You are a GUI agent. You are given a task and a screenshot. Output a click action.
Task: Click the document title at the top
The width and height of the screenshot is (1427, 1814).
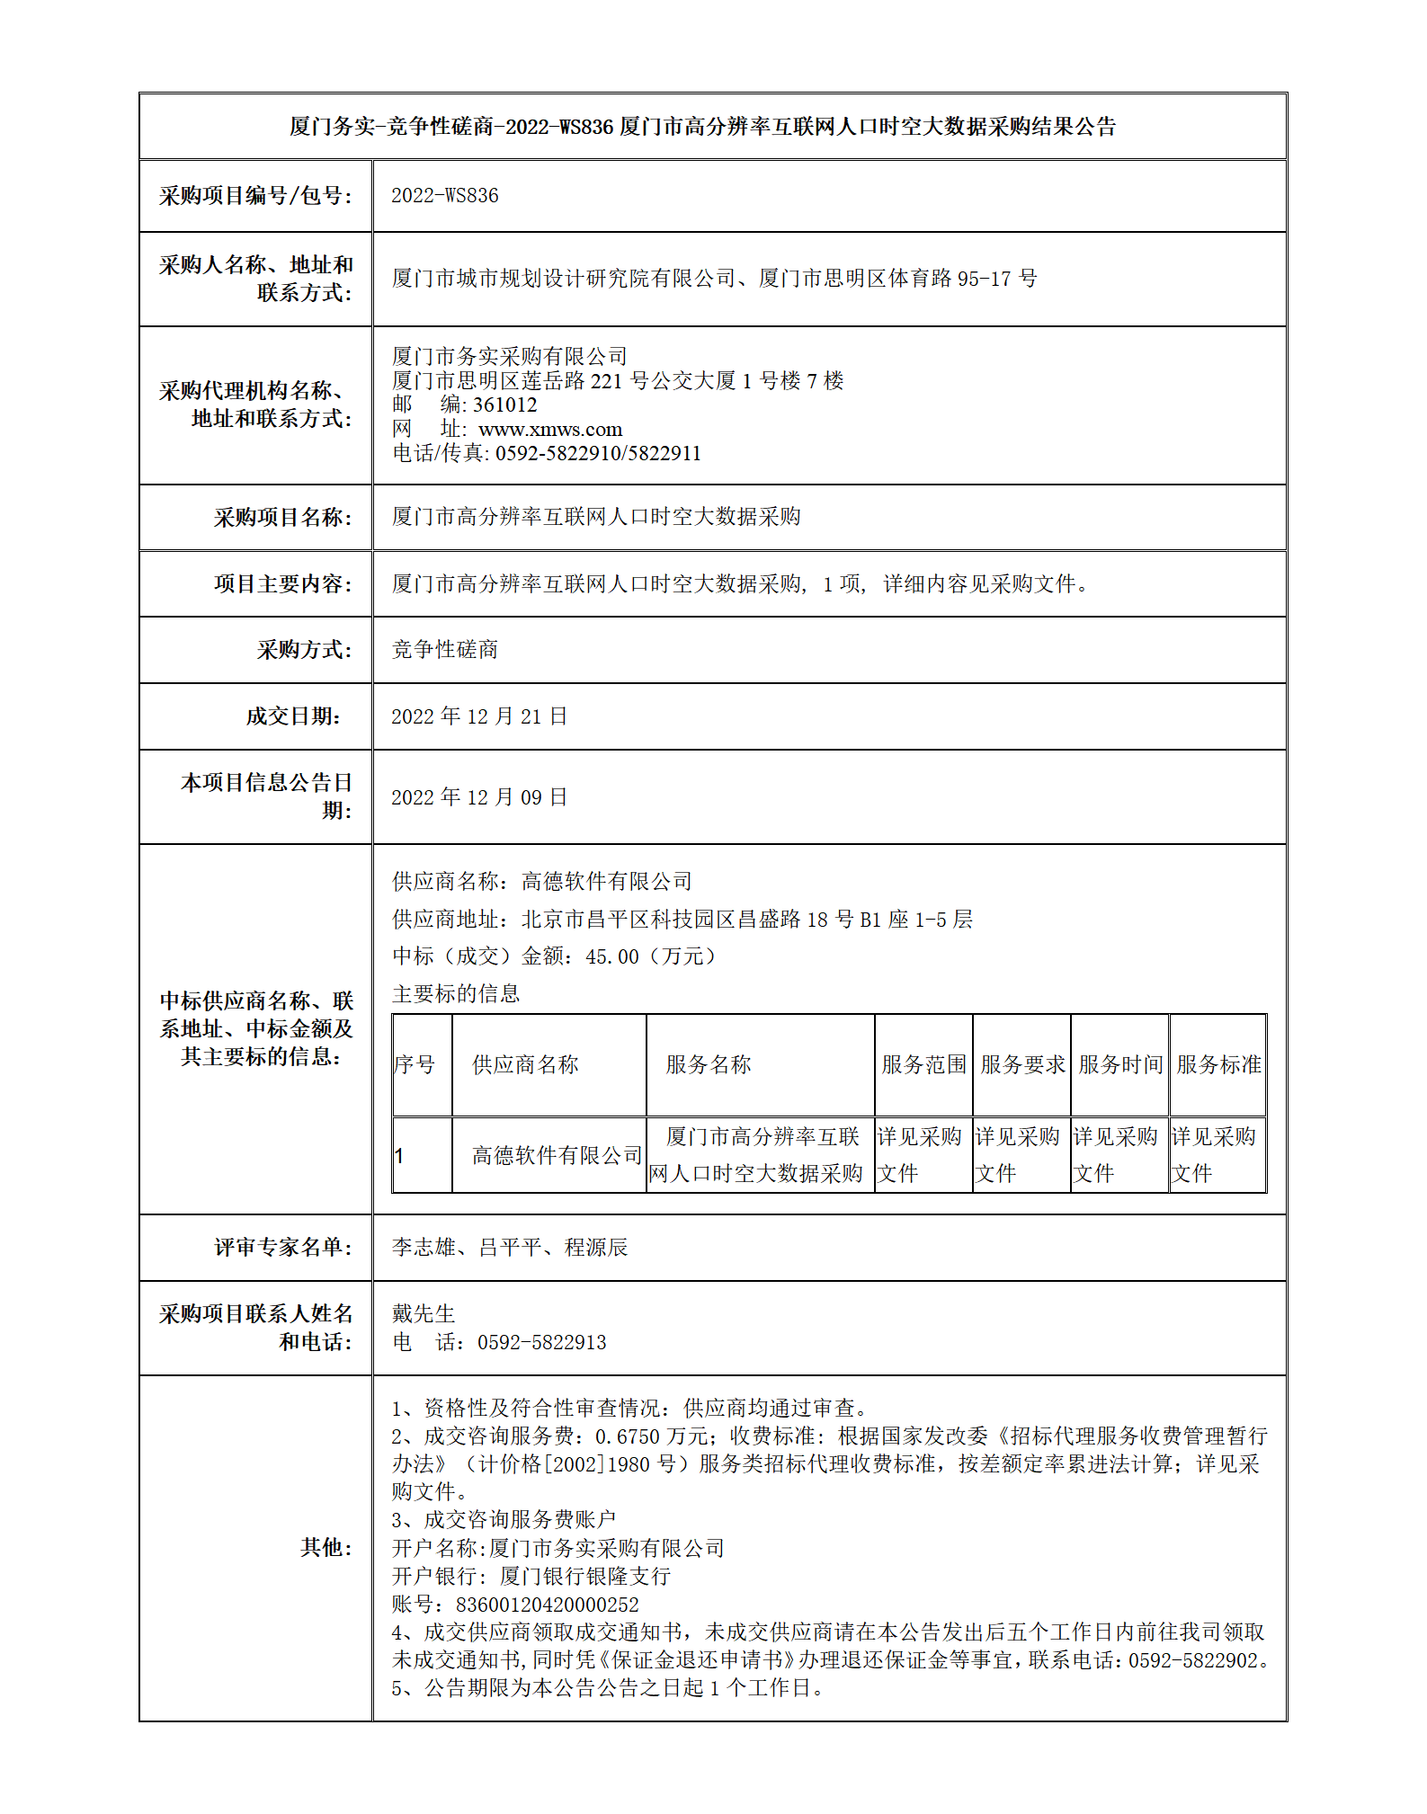pos(702,127)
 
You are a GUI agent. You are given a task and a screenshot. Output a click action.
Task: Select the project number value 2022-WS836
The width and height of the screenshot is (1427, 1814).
pos(444,196)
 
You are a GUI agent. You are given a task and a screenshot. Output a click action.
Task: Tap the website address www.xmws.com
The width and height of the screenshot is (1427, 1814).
pos(550,430)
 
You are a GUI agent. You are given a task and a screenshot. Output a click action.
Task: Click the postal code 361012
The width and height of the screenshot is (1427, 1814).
pos(504,405)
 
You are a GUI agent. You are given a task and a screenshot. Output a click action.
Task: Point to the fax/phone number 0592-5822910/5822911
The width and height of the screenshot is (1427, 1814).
pos(598,454)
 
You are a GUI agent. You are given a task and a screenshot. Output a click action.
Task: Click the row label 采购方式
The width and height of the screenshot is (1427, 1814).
pos(303,650)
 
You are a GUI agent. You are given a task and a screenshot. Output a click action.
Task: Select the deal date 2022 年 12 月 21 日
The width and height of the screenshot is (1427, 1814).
pos(479,716)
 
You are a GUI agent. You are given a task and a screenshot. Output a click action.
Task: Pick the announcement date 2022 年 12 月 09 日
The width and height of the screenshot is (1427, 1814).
pos(479,797)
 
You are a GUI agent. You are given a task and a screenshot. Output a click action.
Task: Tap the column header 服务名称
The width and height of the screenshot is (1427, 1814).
pos(708,1065)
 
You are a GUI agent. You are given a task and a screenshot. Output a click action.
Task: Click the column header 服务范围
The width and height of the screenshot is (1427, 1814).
pos(923,1065)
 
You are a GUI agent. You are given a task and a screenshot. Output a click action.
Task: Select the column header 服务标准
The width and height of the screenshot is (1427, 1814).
pos(1218,1065)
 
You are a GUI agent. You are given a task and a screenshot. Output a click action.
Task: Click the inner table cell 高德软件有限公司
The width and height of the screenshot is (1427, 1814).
pos(557,1156)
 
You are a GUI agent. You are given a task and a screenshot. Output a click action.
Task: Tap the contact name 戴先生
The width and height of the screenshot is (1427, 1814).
pos(424,1314)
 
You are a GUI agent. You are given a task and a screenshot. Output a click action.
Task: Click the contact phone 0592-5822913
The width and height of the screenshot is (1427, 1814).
pos(541,1343)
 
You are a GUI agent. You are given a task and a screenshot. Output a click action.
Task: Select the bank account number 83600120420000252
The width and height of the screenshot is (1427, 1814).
pos(547,1605)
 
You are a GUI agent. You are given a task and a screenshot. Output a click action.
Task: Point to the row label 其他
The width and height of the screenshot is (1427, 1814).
pos(326,1547)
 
